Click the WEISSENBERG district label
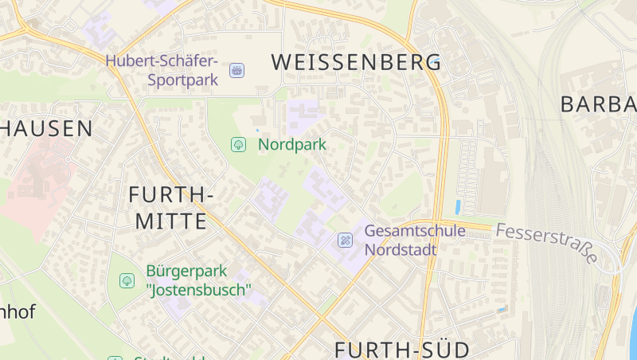point(356,62)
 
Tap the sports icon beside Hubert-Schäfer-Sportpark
point(236,71)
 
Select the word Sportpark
point(182,80)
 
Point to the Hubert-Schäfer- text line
point(162,61)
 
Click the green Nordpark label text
point(291,145)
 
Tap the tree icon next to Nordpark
point(237,144)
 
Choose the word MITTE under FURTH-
point(170,221)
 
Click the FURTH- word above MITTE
point(170,194)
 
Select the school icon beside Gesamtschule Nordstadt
point(345,240)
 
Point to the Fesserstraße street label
point(546,242)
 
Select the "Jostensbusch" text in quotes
point(197,290)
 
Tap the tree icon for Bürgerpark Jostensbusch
point(126,280)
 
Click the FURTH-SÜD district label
point(401,350)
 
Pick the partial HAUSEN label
point(46,128)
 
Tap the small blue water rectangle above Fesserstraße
point(458,207)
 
